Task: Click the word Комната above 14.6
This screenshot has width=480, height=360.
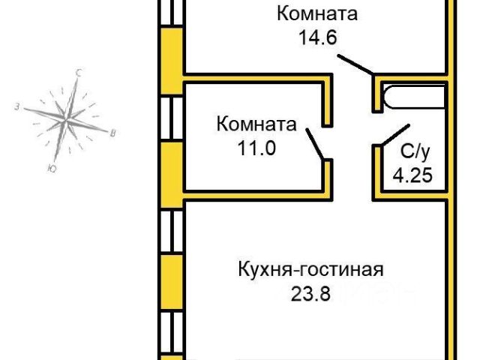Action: [316, 13]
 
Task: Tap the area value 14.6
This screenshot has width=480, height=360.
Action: [316, 37]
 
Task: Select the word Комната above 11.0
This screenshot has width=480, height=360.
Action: [256, 124]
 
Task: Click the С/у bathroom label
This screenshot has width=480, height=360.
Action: [415, 152]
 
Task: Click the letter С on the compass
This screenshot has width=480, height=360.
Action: [78, 73]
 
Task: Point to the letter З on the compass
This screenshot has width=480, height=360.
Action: [16, 107]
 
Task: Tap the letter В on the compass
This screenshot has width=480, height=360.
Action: [112, 133]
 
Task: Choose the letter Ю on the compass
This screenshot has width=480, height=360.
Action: [49, 169]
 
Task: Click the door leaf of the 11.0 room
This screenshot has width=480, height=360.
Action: [315, 142]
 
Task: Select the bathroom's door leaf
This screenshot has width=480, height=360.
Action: [395, 135]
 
